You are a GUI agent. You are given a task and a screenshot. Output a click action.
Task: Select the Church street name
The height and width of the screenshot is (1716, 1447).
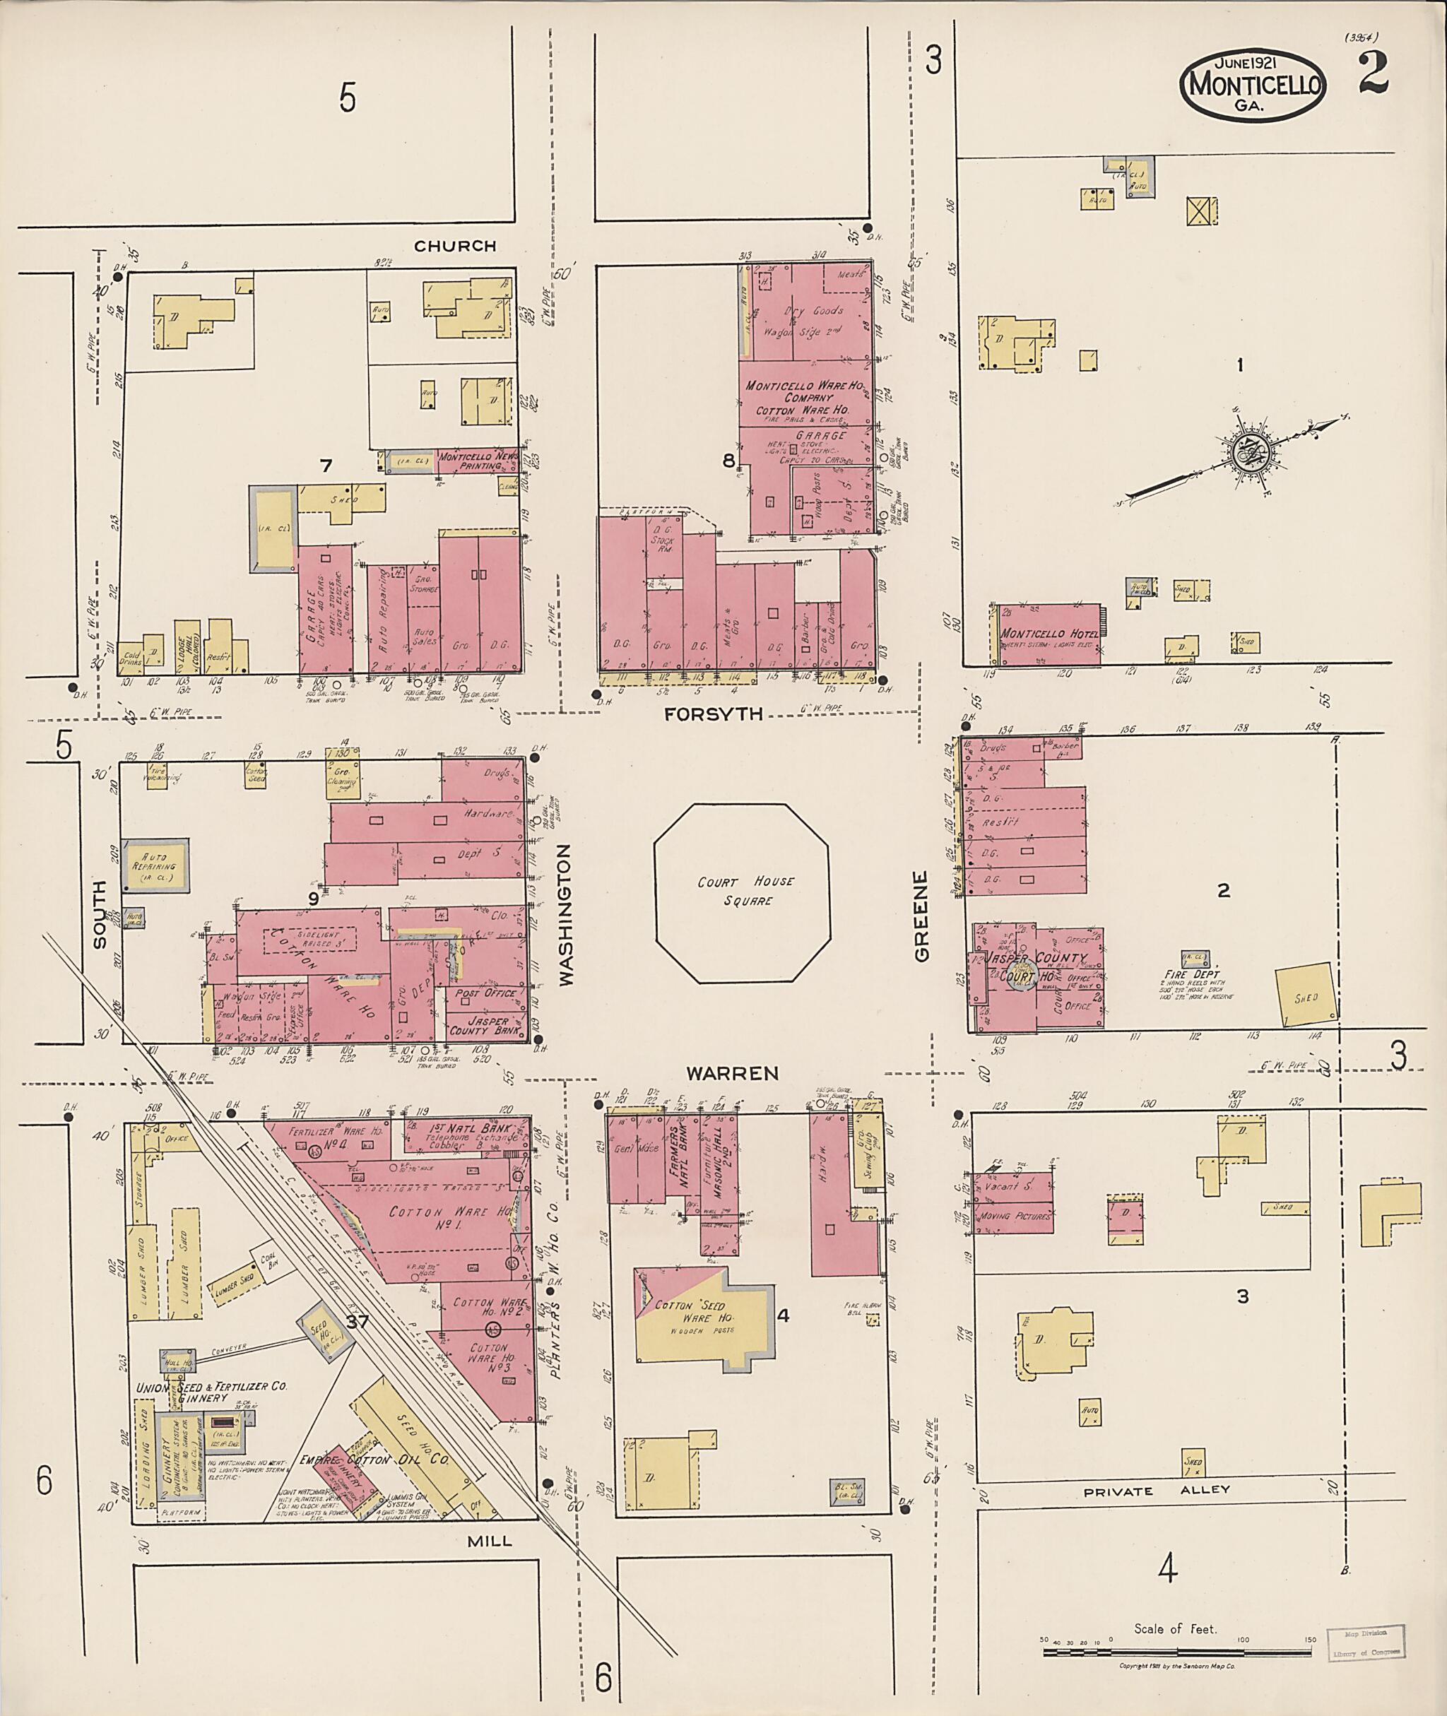tap(454, 246)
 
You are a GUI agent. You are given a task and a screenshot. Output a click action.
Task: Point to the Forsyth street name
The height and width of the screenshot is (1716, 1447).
tap(713, 714)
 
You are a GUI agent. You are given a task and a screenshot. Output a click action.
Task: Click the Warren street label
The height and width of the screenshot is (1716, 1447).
tap(732, 1073)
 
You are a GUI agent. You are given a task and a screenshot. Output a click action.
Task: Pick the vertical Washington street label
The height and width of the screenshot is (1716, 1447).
tap(566, 915)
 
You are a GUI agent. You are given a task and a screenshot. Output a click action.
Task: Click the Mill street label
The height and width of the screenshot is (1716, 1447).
tap(489, 1541)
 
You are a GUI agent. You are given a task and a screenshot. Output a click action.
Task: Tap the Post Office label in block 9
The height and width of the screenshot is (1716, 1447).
tap(486, 993)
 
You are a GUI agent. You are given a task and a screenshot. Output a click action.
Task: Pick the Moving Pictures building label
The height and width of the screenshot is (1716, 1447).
tap(1015, 1217)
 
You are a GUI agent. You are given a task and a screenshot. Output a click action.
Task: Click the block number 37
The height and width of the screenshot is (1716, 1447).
tap(358, 1322)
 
